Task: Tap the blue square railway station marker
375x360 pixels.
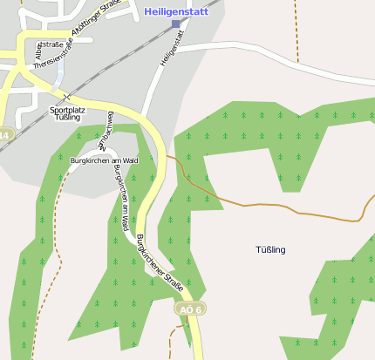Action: tap(176, 24)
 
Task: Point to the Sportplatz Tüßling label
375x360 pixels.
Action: tap(67, 113)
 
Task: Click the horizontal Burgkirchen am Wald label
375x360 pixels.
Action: tap(104, 160)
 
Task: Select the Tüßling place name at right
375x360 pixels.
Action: tap(270, 250)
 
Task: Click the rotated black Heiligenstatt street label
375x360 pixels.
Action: tap(173, 47)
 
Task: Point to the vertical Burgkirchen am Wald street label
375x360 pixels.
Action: tap(122, 196)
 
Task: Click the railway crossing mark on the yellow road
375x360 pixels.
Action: tap(66, 96)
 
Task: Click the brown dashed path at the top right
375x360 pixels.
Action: tap(297, 35)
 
